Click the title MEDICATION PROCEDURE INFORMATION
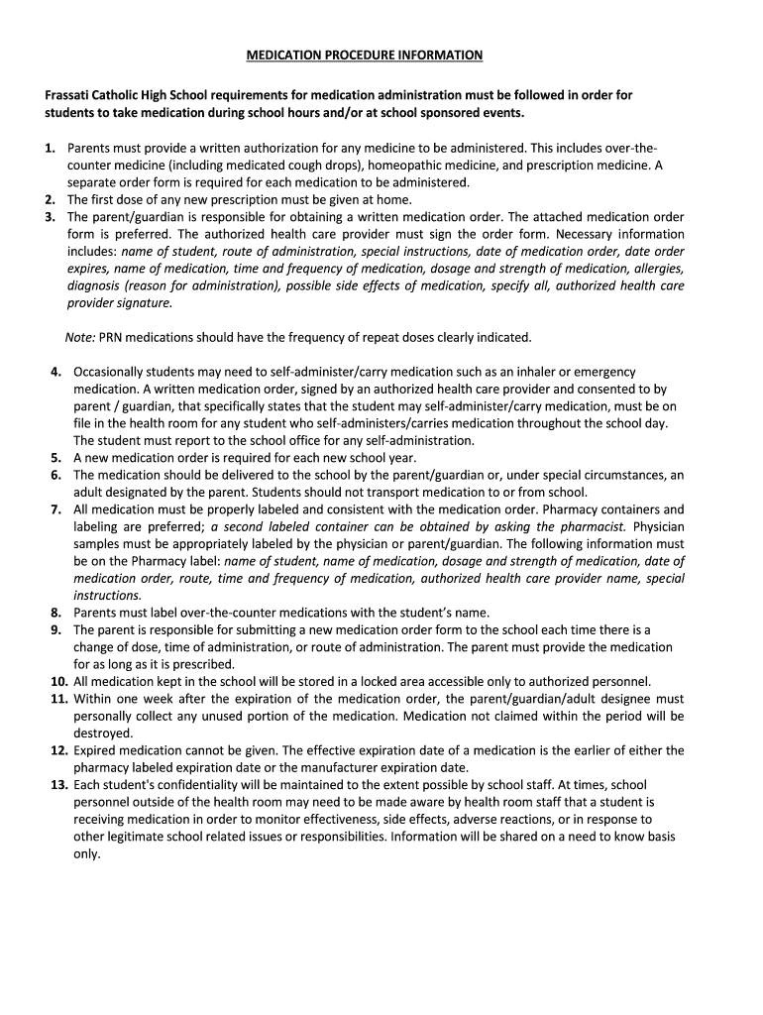point(364,55)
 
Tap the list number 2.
point(50,198)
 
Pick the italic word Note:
point(80,337)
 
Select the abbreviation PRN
point(113,337)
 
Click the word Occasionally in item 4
point(114,371)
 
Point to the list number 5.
point(57,458)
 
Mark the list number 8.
point(57,612)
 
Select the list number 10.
point(58,681)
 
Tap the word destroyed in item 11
point(103,733)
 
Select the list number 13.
point(58,784)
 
